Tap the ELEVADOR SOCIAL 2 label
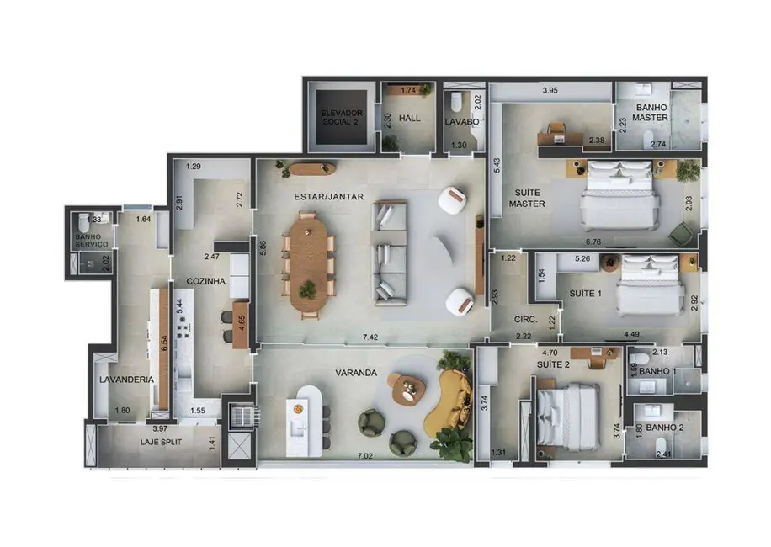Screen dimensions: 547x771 pyautogui.click(x=341, y=117)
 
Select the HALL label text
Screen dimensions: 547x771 pyautogui.click(x=410, y=119)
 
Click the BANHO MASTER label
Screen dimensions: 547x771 pyautogui.click(x=651, y=112)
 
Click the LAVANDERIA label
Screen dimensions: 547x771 pyautogui.click(x=126, y=380)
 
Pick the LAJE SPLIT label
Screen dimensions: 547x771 pyautogui.click(x=161, y=441)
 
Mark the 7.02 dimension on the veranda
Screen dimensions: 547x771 pyautogui.click(x=364, y=456)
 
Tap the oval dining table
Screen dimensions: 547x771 pyautogui.click(x=308, y=263)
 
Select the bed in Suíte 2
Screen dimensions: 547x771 pyautogui.click(x=569, y=416)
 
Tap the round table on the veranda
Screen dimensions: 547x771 pyautogui.click(x=407, y=389)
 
